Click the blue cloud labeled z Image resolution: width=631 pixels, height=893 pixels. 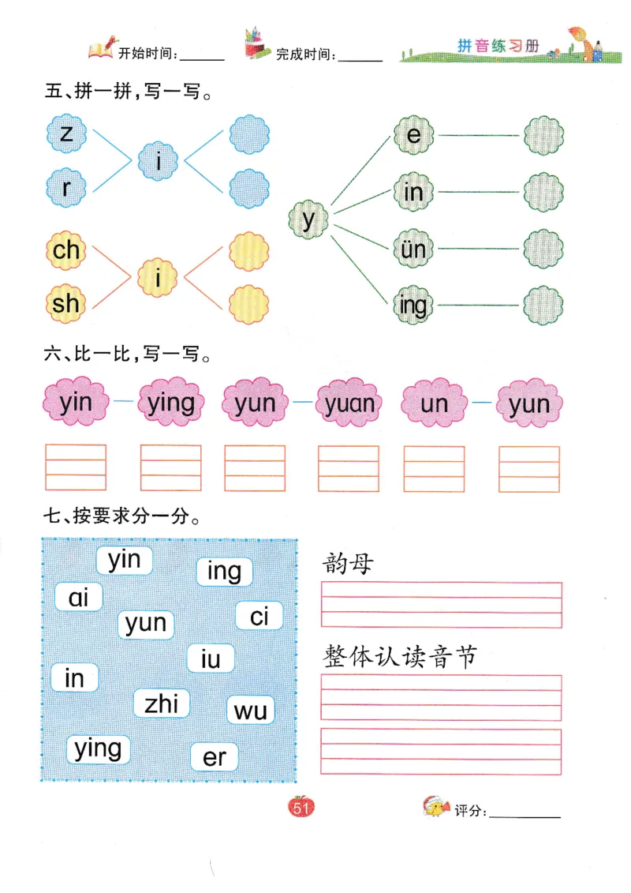[66, 133]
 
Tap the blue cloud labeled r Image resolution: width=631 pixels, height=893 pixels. [66, 188]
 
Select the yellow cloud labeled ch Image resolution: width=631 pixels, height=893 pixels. [66, 250]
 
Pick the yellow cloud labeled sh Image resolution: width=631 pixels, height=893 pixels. [66, 302]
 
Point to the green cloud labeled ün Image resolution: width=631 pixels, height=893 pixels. [413, 250]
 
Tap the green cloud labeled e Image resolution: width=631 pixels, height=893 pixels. [413, 135]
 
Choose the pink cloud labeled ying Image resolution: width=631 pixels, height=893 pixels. [170, 404]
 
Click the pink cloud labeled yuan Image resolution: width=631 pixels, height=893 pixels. [349, 404]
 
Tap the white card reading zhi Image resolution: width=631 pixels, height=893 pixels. [162, 703]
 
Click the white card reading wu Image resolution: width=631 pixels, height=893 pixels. [251, 711]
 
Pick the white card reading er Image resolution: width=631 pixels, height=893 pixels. [215, 758]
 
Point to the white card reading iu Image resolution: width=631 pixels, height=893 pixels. [211, 658]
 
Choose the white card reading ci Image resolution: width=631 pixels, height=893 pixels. [259, 616]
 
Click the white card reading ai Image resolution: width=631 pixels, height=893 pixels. [79, 597]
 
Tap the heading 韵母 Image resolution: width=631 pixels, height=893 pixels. [348, 565]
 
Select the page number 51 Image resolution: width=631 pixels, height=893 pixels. [301, 808]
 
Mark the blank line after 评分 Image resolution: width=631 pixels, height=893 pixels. [525, 813]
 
